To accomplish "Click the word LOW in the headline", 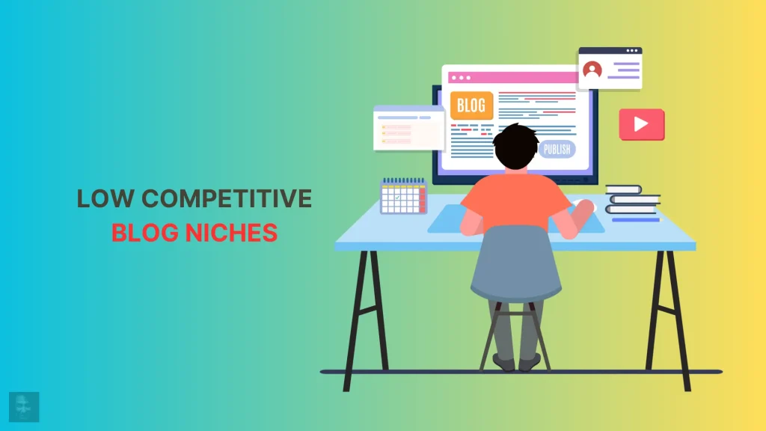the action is (105, 198).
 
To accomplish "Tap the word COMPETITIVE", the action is (227, 198).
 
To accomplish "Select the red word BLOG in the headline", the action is (144, 233).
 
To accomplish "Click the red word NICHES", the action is (232, 233).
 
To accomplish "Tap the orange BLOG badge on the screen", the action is (471, 105).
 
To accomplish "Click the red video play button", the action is (641, 124).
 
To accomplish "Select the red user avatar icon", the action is (592, 70).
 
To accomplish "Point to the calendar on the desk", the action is (403, 197).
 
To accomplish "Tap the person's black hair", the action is (516, 146).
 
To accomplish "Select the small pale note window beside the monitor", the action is (409, 128).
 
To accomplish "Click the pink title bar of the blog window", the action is (513, 77).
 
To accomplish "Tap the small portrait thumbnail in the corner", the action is (24, 406).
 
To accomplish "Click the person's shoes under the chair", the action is (517, 362).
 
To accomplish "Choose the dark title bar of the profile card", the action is (610, 50).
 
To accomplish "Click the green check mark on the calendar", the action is (398, 198).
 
